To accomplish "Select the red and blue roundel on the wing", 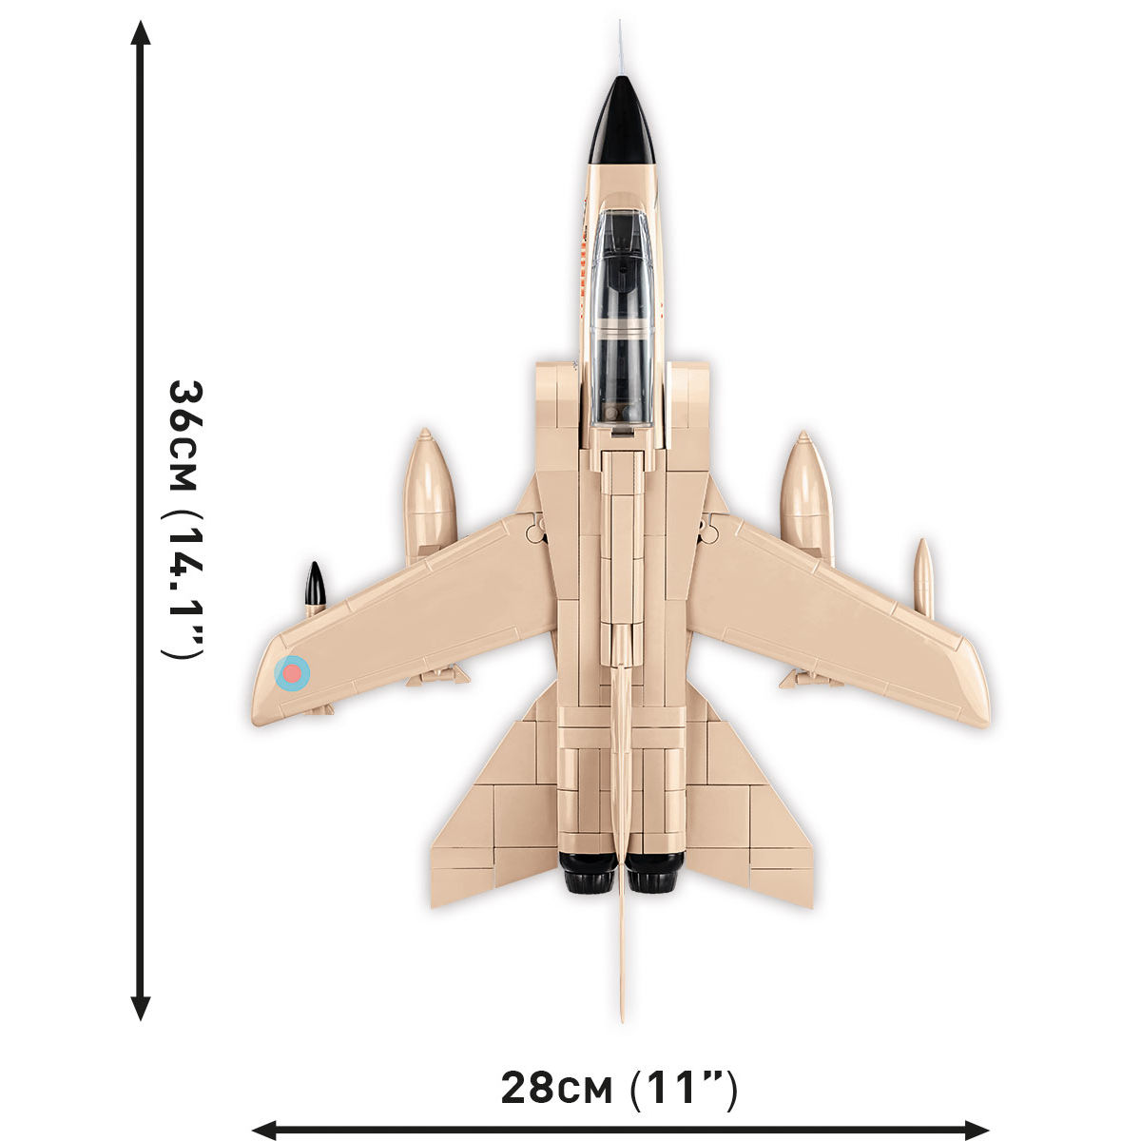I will [x=292, y=672].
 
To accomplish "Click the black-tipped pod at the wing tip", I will [x=315, y=586].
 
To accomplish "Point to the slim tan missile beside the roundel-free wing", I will [x=923, y=578].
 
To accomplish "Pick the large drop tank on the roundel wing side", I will [x=430, y=494].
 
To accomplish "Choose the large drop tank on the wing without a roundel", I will [x=806, y=494].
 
